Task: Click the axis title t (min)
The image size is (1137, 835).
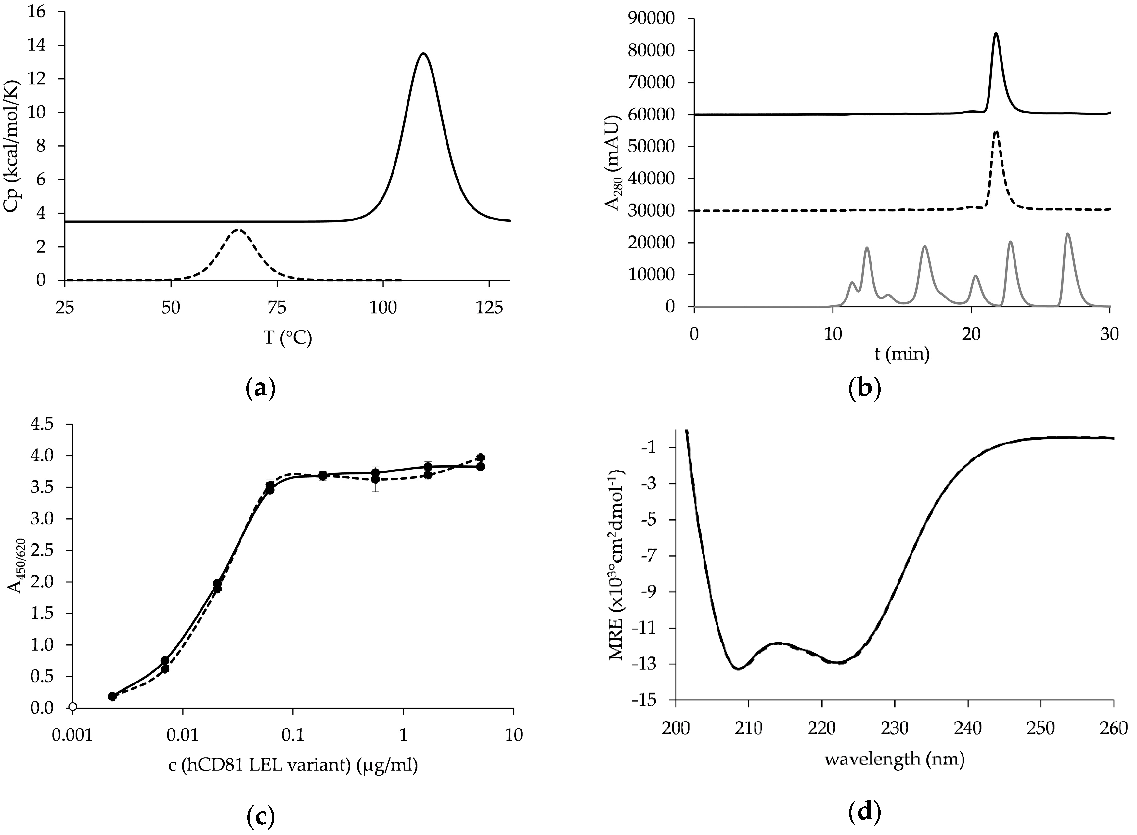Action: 902,354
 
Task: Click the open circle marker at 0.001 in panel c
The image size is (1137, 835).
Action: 73,707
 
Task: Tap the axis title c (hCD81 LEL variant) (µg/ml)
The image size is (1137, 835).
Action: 293,766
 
